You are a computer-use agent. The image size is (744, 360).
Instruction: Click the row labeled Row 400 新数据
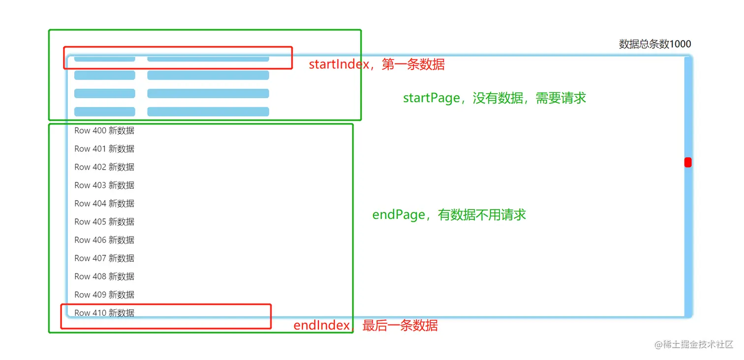click(x=104, y=131)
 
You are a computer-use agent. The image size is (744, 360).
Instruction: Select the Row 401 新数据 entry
click(x=104, y=149)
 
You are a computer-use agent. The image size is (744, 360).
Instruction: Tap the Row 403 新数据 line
click(x=104, y=185)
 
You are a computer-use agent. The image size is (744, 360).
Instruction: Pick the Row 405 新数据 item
click(x=104, y=222)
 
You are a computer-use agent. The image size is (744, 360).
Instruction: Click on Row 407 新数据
click(x=104, y=258)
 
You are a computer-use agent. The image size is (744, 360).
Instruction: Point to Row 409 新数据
click(x=104, y=295)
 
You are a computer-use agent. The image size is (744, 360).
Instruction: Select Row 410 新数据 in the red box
click(x=104, y=313)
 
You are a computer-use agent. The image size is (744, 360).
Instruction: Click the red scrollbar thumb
click(x=688, y=162)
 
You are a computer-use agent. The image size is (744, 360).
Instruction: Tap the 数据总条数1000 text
click(x=654, y=44)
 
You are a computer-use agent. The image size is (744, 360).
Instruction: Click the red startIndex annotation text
click(x=376, y=64)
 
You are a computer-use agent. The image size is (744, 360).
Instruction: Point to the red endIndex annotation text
click(x=365, y=326)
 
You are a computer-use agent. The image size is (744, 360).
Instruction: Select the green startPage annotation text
click(x=495, y=98)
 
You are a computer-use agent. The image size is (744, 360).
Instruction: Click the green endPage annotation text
click(x=449, y=215)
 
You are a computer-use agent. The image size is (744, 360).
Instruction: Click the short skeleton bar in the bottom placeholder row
click(x=104, y=112)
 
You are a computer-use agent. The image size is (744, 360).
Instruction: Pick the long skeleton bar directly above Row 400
click(x=208, y=112)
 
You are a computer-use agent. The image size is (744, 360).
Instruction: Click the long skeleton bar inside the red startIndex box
click(x=208, y=59)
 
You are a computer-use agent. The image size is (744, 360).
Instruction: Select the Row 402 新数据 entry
click(x=104, y=167)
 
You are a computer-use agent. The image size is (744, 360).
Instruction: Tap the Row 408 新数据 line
click(x=104, y=276)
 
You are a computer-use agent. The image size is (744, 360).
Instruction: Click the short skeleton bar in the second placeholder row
click(x=104, y=75)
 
